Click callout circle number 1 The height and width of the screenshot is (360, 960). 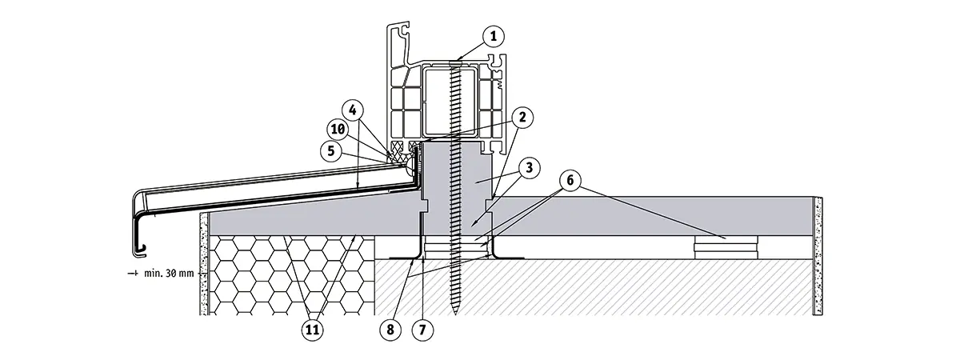(494, 35)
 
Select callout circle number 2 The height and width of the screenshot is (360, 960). (522, 118)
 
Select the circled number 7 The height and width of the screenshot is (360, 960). (421, 328)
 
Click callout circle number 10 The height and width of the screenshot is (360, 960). (338, 128)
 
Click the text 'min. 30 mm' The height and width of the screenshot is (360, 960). (169, 274)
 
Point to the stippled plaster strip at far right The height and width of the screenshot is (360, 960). (818, 256)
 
